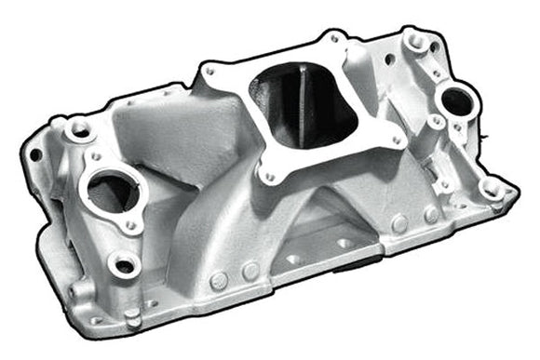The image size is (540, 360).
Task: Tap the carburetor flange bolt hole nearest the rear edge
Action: pyautogui.click(x=333, y=40)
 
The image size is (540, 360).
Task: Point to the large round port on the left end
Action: pyautogui.click(x=112, y=192)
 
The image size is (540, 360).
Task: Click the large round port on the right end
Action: pyautogui.click(x=454, y=100)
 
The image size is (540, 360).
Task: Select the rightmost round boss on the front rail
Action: pyautogui.click(x=431, y=215)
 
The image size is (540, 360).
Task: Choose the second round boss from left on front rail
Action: pyautogui.click(x=250, y=270)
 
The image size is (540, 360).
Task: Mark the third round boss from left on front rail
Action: pyautogui.click(x=399, y=224)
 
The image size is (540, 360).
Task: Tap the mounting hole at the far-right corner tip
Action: pyautogui.click(x=493, y=192)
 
